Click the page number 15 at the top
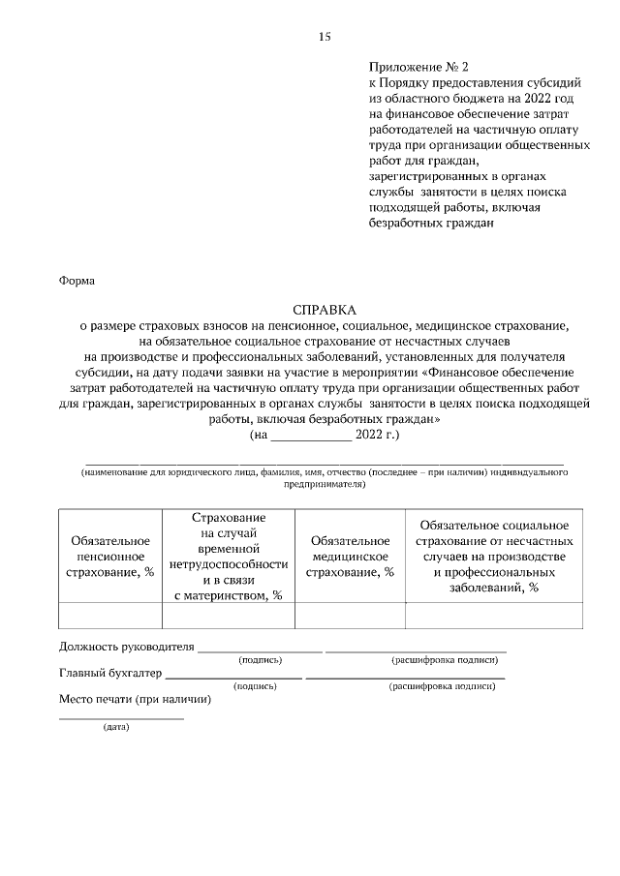coord(325,37)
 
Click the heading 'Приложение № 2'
coord(418,68)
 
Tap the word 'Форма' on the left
coord(77,282)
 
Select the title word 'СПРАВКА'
coord(325,311)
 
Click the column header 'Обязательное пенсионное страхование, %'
coord(109,556)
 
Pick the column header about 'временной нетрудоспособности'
coord(228,556)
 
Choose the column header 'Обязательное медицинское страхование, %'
coord(349,556)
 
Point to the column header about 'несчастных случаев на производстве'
coord(493,556)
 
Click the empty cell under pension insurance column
coord(109,616)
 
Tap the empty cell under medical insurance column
coord(349,616)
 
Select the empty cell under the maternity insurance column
coord(228,616)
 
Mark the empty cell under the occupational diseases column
coord(493,616)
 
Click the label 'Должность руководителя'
coord(127,646)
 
